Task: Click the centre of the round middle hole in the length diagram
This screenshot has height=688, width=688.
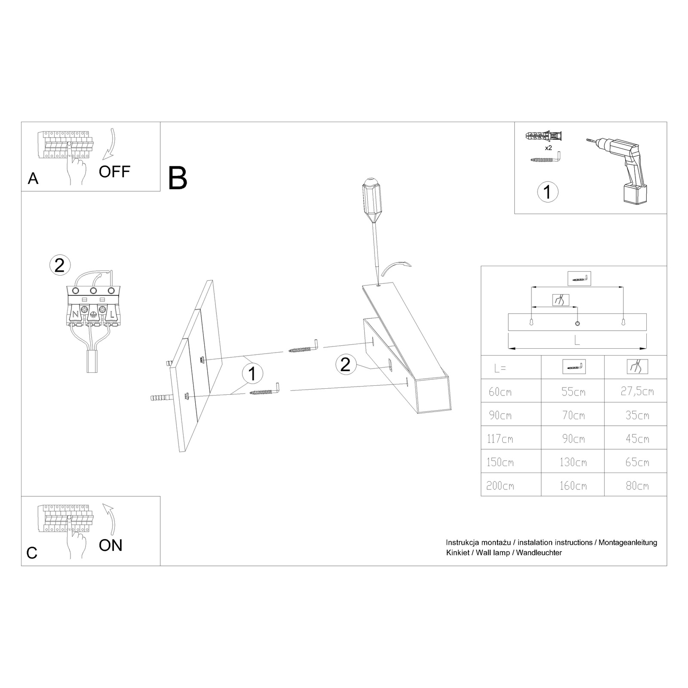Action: (577, 323)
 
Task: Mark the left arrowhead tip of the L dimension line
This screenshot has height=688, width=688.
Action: (509, 347)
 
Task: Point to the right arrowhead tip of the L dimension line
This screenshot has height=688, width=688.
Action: (646, 347)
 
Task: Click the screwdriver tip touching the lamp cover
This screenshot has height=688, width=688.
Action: (377, 284)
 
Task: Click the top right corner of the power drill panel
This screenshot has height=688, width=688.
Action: (666, 122)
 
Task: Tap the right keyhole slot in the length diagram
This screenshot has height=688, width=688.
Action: (623, 322)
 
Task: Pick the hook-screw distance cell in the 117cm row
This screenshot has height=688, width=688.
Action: (573, 439)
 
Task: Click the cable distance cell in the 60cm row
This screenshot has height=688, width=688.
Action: (637, 391)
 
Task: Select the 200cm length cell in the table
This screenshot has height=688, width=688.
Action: (500, 486)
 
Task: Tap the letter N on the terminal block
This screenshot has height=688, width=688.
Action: (75, 314)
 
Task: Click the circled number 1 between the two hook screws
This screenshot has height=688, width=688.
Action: (252, 373)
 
